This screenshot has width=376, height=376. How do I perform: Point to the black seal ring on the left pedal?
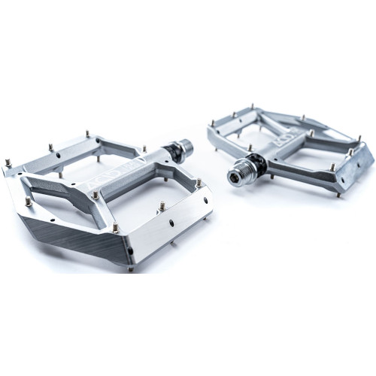click(174, 150)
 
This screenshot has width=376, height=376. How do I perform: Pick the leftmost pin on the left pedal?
click(8, 162)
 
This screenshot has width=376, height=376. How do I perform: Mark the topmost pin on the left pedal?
click(88, 133)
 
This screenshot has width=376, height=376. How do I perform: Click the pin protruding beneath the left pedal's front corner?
click(129, 268)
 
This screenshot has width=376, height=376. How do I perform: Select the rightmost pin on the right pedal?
click(359, 138)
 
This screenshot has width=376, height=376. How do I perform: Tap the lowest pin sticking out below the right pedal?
click(338, 194)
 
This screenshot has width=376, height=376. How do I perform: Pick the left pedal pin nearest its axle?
click(144, 150)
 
